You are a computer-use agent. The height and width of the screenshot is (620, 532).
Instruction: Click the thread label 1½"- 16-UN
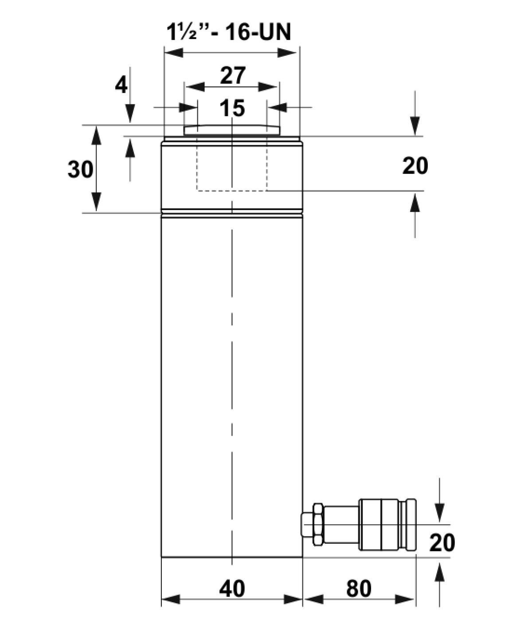pos(229,32)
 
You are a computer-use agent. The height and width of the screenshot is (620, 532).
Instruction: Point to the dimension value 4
pos(121,86)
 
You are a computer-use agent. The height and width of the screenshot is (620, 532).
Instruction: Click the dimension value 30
pos(80,169)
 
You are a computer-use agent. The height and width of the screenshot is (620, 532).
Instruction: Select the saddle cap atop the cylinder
pos(232,130)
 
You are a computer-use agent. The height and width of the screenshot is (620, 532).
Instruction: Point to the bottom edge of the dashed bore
pos(232,191)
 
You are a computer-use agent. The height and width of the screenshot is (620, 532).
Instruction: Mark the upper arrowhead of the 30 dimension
pos(96,135)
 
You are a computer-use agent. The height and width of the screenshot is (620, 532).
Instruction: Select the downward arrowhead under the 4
pos(130,113)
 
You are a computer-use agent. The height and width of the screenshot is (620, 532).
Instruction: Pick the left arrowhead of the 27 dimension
pos(196,87)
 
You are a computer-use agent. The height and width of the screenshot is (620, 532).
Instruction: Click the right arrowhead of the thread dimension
pos(287,52)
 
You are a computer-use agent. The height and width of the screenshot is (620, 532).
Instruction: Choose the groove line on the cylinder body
pos(232,213)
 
